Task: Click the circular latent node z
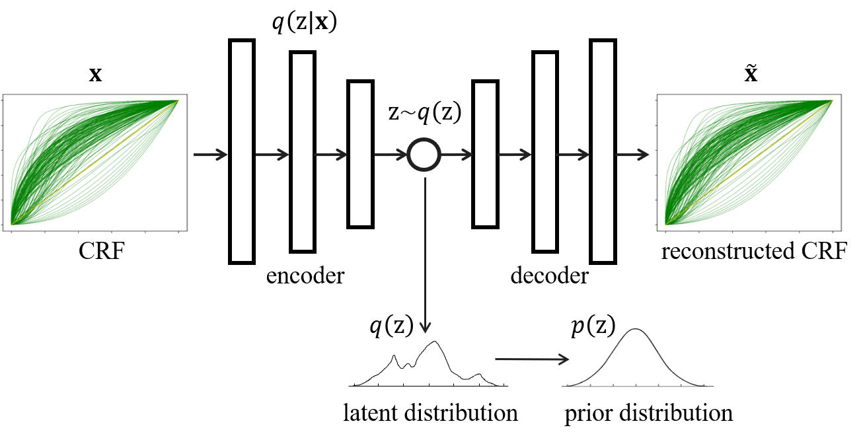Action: pyautogui.click(x=424, y=156)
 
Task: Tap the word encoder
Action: pyautogui.click(x=305, y=276)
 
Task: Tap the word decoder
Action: pyautogui.click(x=549, y=276)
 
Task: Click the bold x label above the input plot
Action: pyautogui.click(x=96, y=75)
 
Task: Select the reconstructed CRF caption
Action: pyautogui.click(x=753, y=252)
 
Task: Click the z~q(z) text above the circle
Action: pyautogui.click(x=424, y=114)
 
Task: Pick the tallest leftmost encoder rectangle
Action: pyautogui.click(x=242, y=151)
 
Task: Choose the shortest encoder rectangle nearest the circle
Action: pyautogui.click(x=361, y=154)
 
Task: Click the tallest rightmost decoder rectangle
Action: pyautogui.click(x=603, y=151)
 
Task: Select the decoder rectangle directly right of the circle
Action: pyautogui.click(x=484, y=154)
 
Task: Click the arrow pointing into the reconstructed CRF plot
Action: pyautogui.click(x=632, y=156)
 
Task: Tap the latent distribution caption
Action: pyautogui.click(x=430, y=414)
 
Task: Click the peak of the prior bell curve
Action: pyautogui.click(x=636, y=330)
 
